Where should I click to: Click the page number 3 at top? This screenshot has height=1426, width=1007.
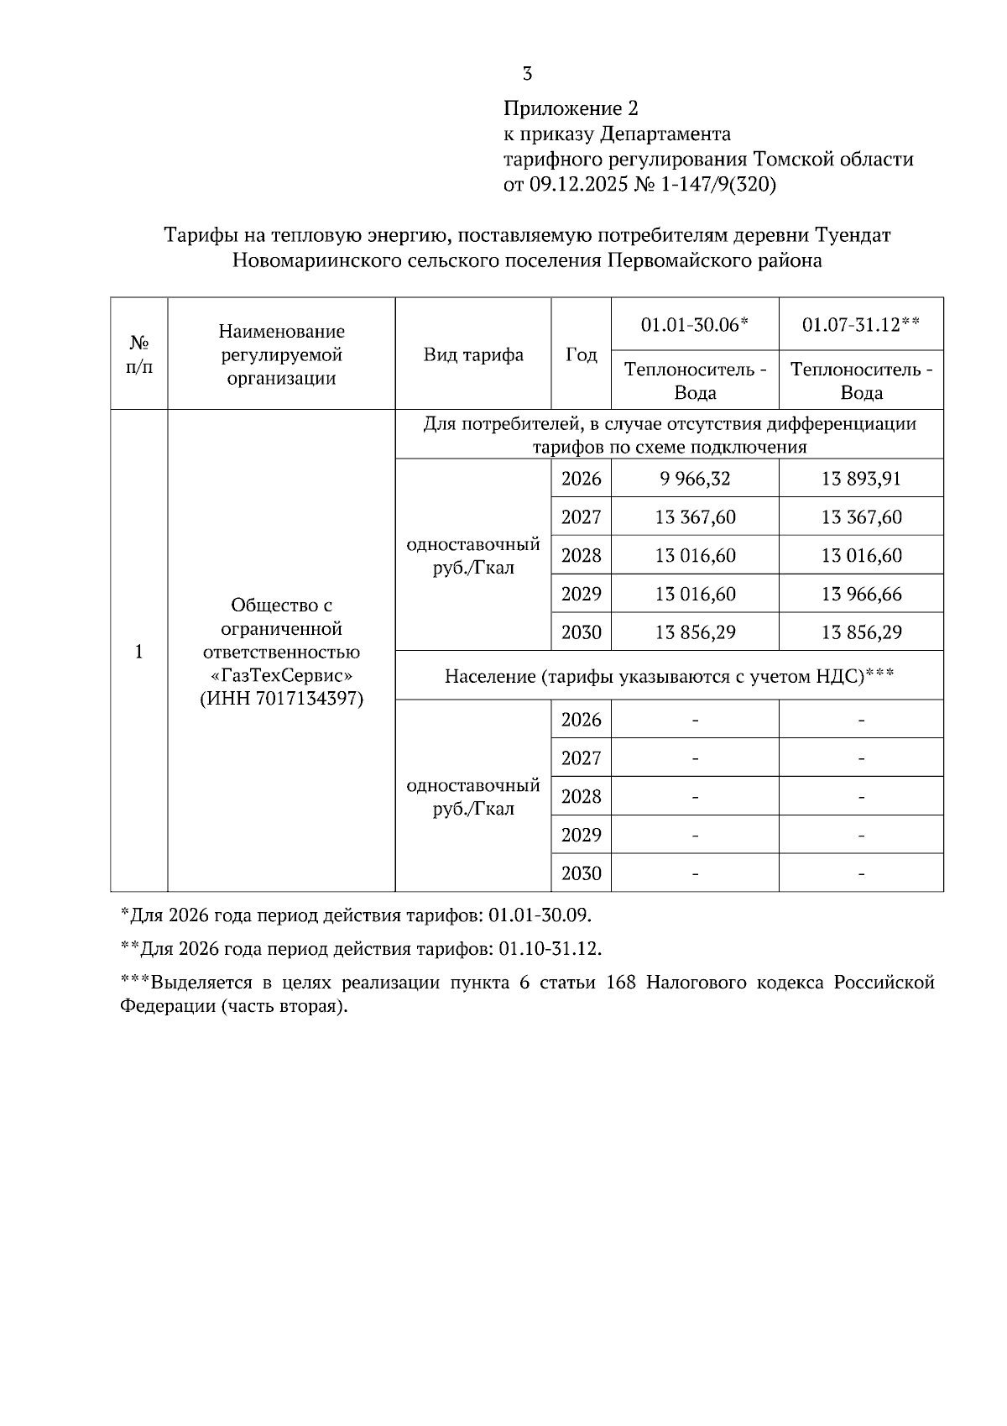coord(527,74)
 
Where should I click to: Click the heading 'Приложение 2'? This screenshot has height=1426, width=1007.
coord(571,108)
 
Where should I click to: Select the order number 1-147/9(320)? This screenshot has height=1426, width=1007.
coord(719,184)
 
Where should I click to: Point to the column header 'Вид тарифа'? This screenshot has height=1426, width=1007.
coord(473,354)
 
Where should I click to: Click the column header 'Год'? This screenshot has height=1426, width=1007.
coord(581,354)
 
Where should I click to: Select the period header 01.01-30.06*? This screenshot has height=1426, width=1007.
coord(694,324)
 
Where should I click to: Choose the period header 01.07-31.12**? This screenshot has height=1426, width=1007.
coord(861,324)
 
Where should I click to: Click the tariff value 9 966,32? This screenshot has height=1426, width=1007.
coord(695,479)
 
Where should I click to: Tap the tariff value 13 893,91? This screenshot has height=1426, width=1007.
coord(861,479)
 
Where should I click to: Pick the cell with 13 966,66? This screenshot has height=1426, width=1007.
coord(861,595)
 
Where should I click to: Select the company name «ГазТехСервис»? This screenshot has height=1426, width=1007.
coord(282,675)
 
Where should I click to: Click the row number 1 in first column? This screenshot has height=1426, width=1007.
coord(139,652)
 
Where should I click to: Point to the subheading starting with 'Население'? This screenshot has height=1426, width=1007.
coord(669,676)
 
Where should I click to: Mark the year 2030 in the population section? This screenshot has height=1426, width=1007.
coord(581,873)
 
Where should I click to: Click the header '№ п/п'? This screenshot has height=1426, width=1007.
coord(139,354)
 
